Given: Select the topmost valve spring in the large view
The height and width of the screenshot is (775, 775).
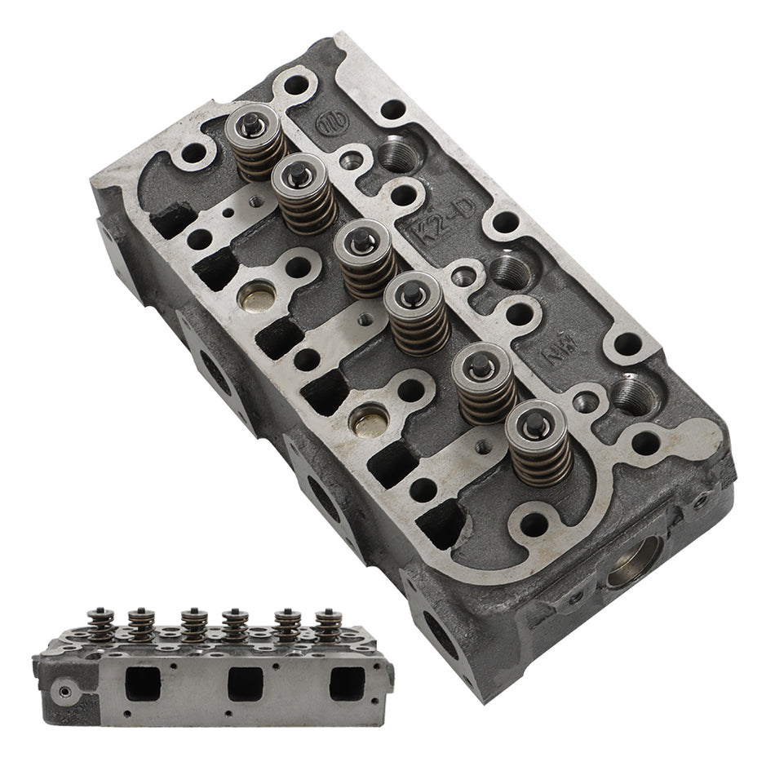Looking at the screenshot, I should (255, 143).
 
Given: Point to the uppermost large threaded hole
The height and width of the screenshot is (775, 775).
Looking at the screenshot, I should (397, 153).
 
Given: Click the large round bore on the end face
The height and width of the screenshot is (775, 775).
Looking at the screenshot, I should (631, 563).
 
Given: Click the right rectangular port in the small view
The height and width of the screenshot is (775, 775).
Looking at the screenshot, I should (345, 683).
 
